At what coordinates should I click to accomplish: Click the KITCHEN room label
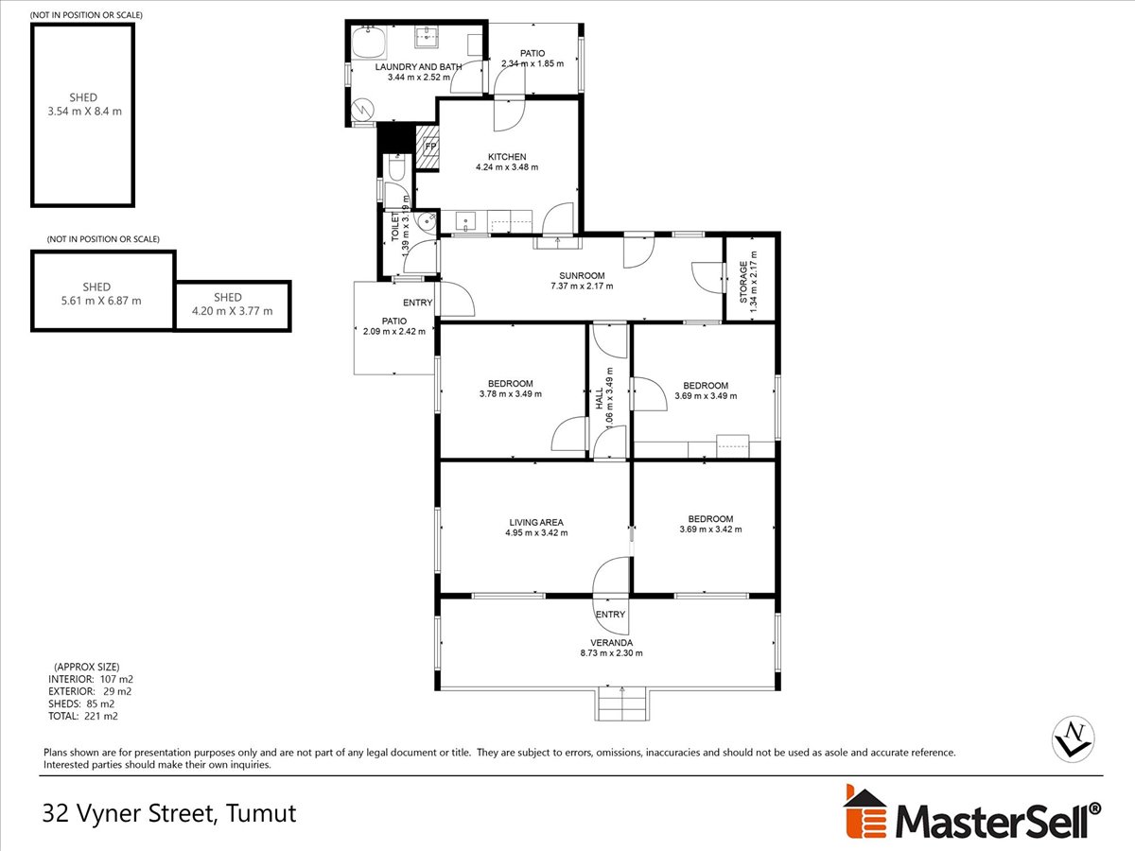pos(507,157)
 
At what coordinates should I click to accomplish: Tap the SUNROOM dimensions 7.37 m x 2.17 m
pos(582,286)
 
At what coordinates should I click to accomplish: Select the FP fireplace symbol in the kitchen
pos(428,148)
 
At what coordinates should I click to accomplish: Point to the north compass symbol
pos(1073,738)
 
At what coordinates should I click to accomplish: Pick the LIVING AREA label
pos(536,522)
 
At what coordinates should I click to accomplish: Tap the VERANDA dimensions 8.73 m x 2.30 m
pos(611,652)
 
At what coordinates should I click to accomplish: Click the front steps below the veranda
pos(622,704)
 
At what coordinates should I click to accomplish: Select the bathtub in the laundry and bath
pos(369,42)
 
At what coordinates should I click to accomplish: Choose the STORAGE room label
pos(743,282)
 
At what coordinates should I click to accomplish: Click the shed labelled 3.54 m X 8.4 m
pos(82,115)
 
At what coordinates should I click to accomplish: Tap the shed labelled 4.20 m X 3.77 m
pos(233,305)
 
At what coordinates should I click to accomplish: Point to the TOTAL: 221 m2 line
pos(82,716)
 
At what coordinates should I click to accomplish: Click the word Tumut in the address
pos(261,813)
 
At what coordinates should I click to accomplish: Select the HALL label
pos(600,398)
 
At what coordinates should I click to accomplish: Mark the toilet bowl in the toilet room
pos(396,168)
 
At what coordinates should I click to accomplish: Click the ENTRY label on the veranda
pos(610,615)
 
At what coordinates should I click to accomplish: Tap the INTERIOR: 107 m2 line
pos(91,679)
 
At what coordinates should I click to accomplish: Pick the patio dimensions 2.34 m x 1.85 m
pos(533,63)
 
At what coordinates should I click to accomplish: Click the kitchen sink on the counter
pos(464,221)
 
